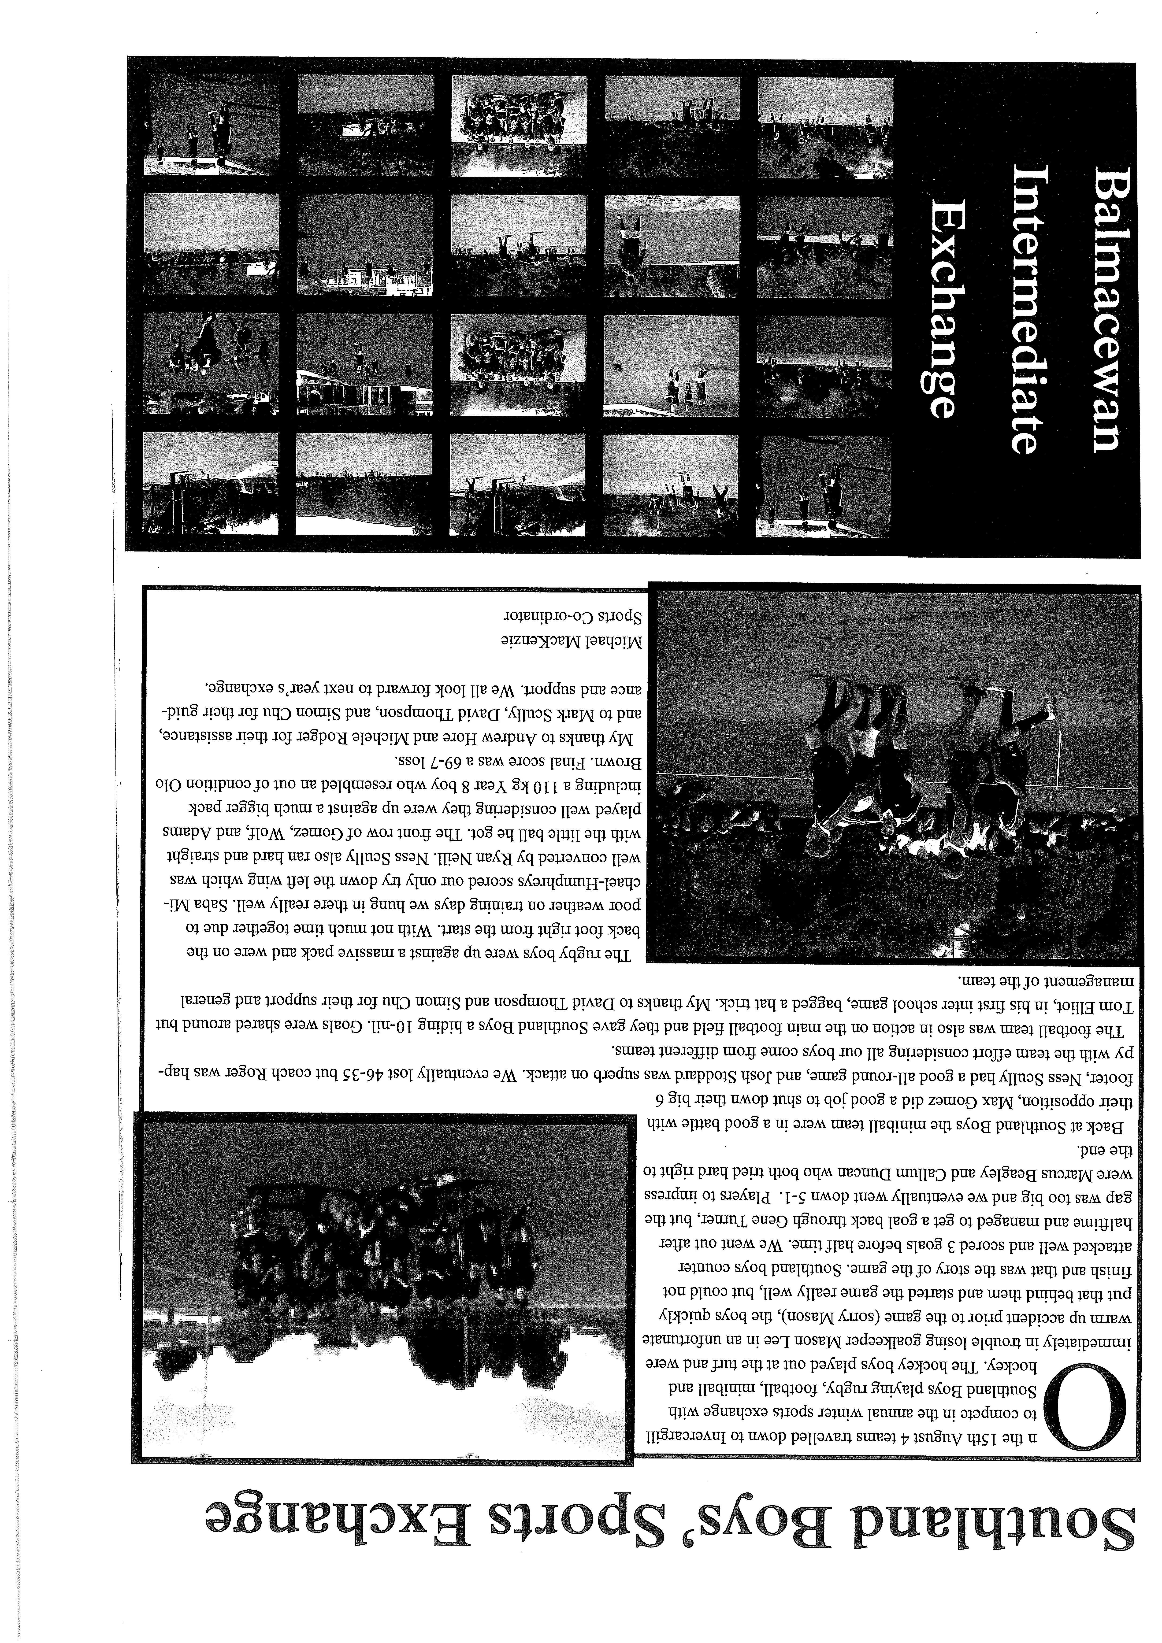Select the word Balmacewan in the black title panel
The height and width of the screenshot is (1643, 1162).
1106,309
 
